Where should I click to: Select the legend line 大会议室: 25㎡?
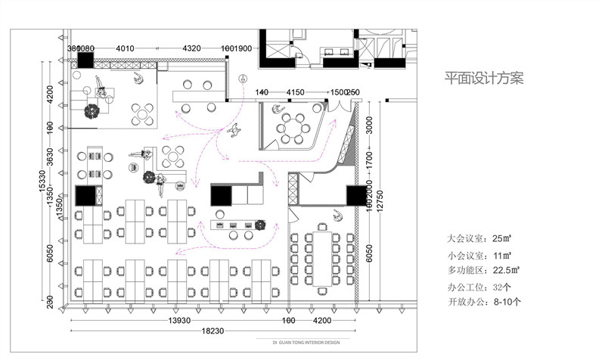pos(479,238)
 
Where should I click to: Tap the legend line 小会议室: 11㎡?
pos(479,255)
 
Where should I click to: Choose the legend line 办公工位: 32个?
pos(479,287)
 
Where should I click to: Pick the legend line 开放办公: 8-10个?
pos(484,302)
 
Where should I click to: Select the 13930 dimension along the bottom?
pos(178,321)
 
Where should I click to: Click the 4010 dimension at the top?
pos(125,48)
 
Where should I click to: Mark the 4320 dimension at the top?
pos(191,48)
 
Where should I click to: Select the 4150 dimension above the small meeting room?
pos(295,92)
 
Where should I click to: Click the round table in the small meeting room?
pos(292,128)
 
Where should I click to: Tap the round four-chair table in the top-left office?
pos(141,114)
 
